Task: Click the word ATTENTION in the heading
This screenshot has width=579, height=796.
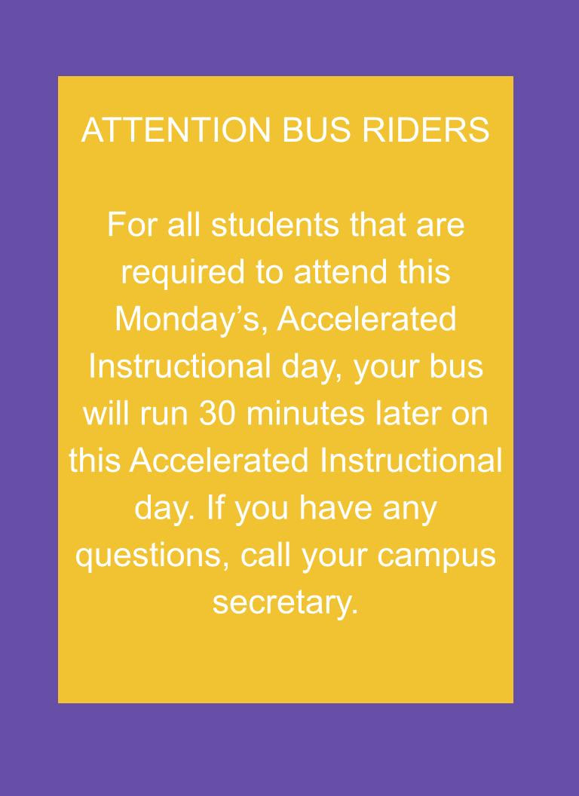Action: pyautogui.click(x=176, y=130)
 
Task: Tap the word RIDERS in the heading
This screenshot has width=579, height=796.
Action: pyautogui.click(x=426, y=130)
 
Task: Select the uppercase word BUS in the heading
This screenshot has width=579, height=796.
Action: pyautogui.click(x=316, y=130)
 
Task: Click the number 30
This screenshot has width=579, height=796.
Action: pyautogui.click(x=217, y=415)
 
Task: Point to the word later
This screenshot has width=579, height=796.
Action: pyautogui.click(x=406, y=415)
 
